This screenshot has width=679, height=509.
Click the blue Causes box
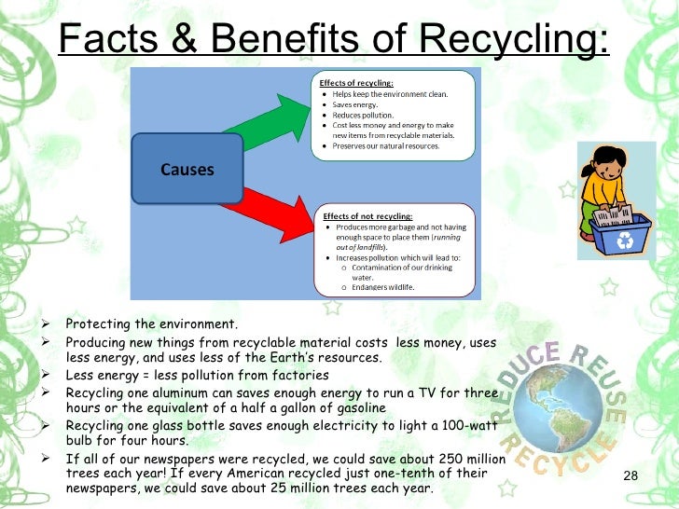187,169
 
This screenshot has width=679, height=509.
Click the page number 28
629,478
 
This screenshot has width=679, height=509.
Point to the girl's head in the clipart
600,158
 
